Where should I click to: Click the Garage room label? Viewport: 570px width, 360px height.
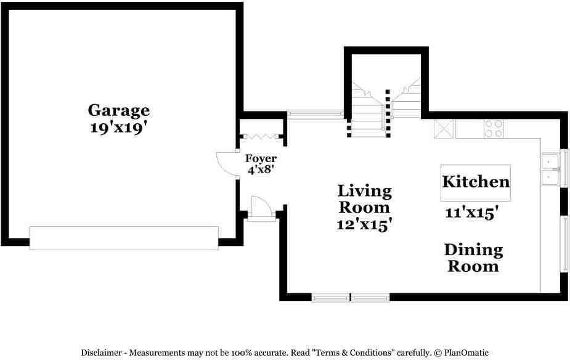pyautogui.click(x=118, y=111)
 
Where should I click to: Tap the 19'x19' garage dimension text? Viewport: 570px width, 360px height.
pyautogui.click(x=118, y=128)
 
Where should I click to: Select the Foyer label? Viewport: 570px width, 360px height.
pyautogui.click(x=261, y=159)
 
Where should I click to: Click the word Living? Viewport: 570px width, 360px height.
pyautogui.click(x=364, y=191)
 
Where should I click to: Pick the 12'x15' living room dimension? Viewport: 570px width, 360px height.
pyautogui.click(x=365, y=225)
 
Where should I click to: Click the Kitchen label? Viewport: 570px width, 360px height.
pyautogui.click(x=476, y=182)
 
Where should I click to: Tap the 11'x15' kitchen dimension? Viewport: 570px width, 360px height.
pyautogui.click(x=471, y=213)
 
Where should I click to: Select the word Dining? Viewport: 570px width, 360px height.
pyautogui.click(x=473, y=250)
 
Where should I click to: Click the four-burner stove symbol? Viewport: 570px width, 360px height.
pyautogui.click(x=493, y=128)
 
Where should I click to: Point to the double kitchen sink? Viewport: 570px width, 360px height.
pyautogui.click(x=550, y=170)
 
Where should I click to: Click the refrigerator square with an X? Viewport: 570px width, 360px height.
pyautogui.click(x=444, y=129)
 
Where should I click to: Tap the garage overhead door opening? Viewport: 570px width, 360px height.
pyautogui.click(x=124, y=238)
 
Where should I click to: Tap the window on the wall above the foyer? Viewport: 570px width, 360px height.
pyautogui.click(x=315, y=114)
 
